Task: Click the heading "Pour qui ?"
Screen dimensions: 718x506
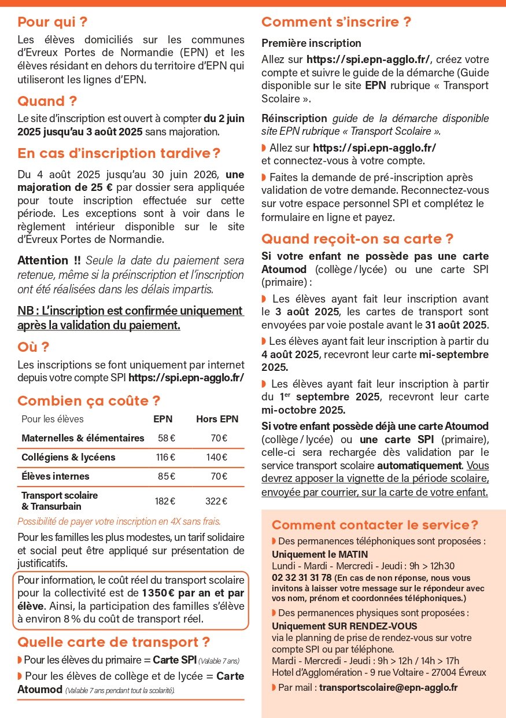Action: click(x=52, y=23)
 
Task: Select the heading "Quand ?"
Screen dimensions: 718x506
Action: click(x=47, y=101)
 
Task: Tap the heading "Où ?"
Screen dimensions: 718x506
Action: click(x=34, y=347)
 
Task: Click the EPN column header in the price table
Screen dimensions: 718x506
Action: click(x=162, y=419)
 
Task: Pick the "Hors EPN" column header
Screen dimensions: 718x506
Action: click(x=217, y=419)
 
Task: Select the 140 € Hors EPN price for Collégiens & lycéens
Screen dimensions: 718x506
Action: click(x=217, y=457)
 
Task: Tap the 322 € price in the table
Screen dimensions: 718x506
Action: click(x=217, y=500)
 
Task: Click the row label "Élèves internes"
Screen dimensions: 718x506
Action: click(x=56, y=476)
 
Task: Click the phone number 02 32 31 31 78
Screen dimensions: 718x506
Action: click(x=301, y=577)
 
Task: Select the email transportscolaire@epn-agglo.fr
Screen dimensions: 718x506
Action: click(x=388, y=687)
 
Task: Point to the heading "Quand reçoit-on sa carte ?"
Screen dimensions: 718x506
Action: click(x=357, y=239)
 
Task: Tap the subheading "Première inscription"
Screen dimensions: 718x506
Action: click(x=311, y=43)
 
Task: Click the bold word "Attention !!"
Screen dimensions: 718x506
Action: click(x=49, y=260)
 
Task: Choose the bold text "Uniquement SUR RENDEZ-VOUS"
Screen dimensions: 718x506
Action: click(x=344, y=626)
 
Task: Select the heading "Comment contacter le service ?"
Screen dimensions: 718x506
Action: click(x=375, y=525)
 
